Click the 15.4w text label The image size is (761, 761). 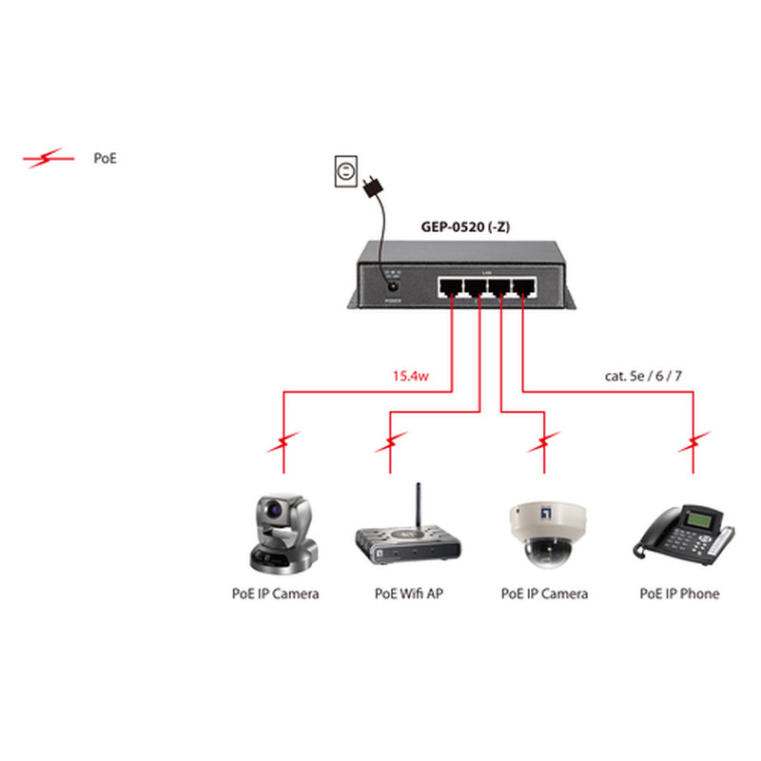[412, 376]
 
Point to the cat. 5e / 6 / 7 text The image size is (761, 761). [643, 376]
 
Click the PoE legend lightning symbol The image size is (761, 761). [48, 159]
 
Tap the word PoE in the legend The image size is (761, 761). [105, 159]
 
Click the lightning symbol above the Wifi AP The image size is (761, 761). [391, 441]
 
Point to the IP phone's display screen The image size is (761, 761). [702, 520]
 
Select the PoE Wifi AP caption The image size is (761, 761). [409, 594]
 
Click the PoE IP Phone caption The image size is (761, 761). [679, 594]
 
